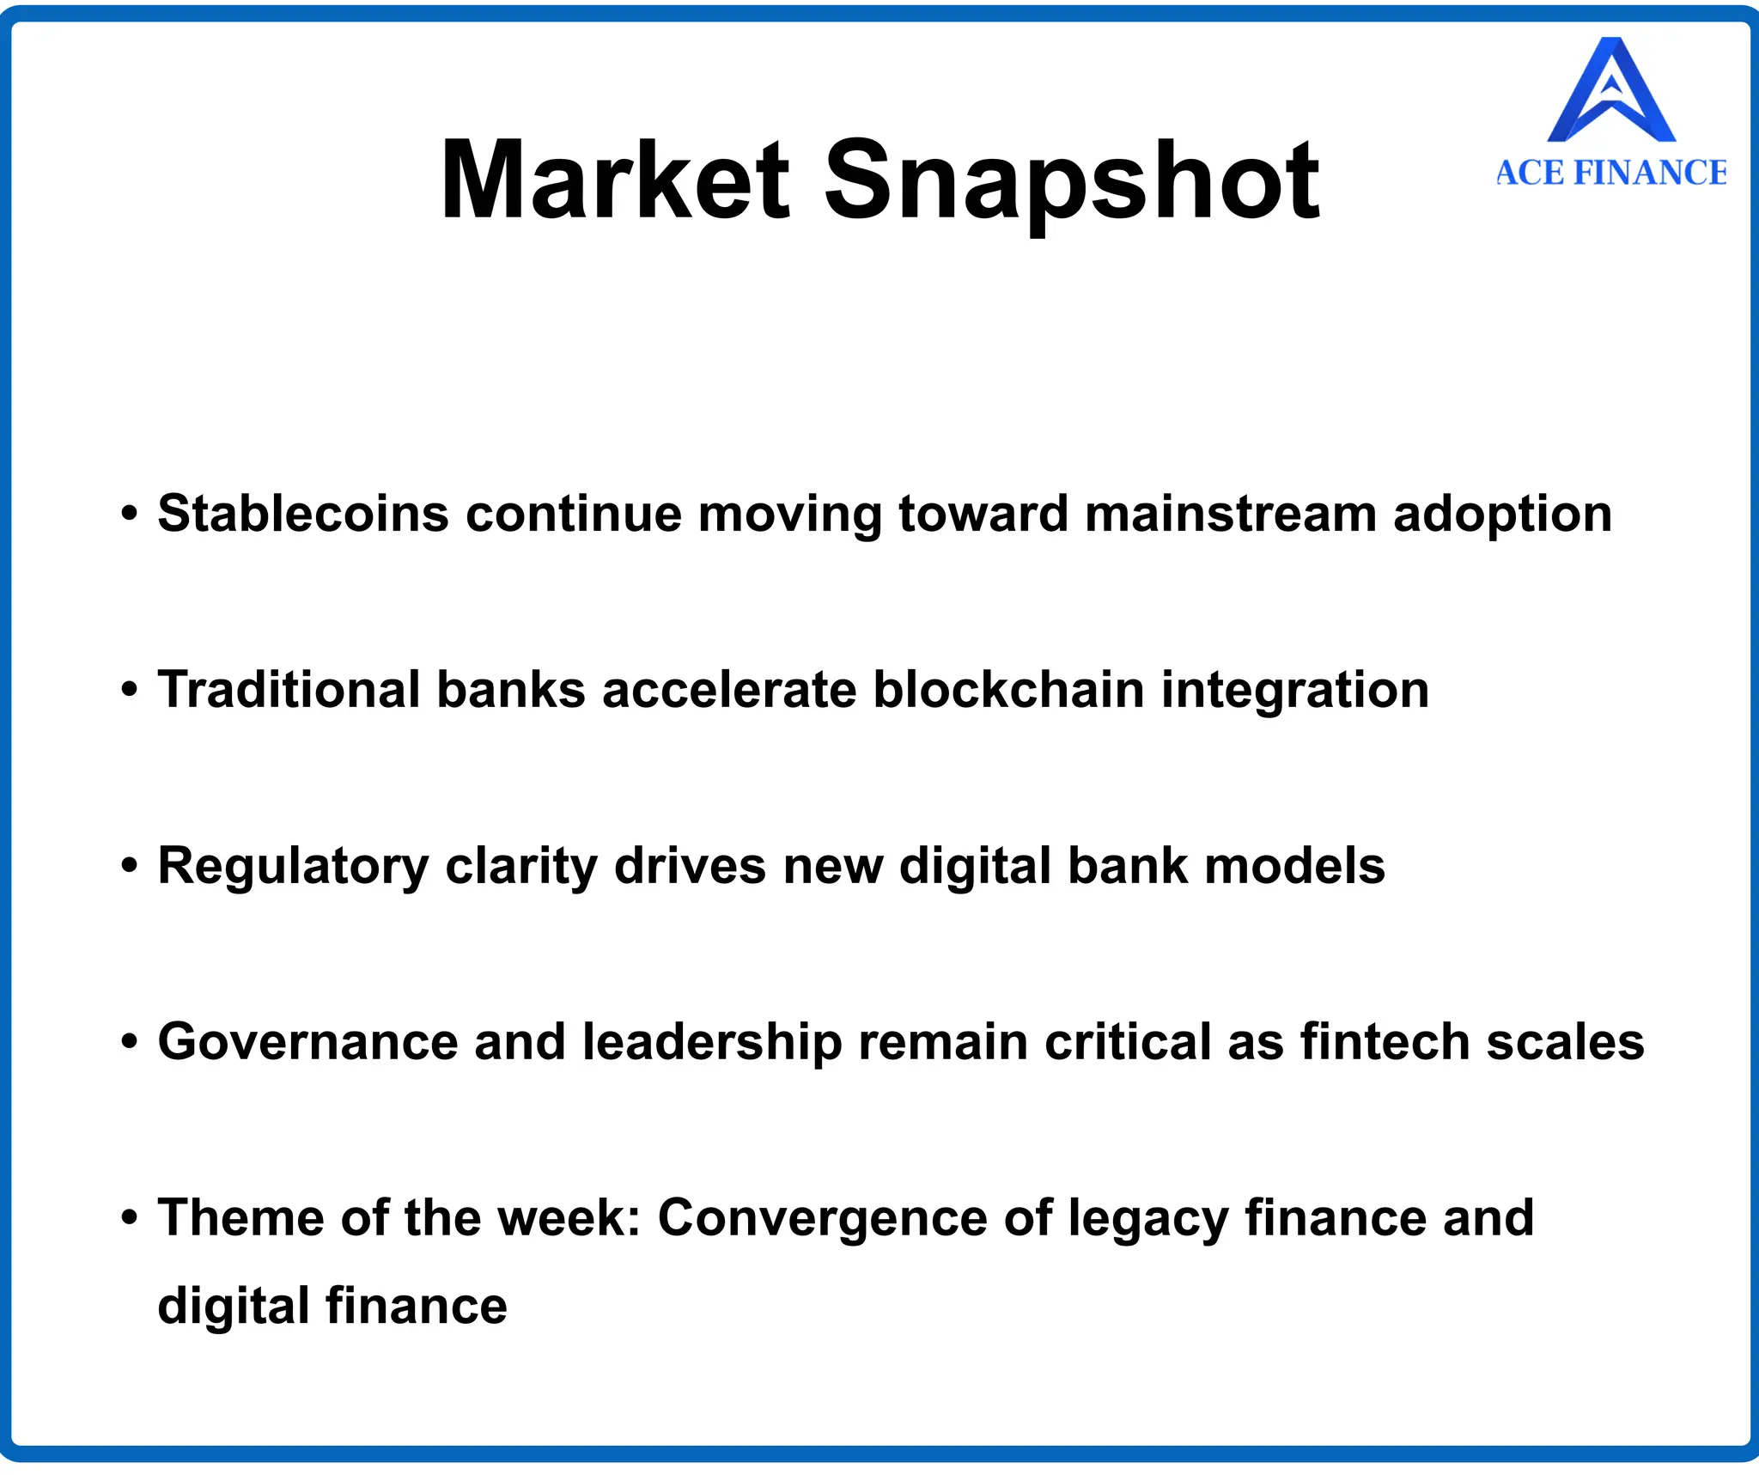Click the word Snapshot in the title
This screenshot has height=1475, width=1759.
click(x=1071, y=182)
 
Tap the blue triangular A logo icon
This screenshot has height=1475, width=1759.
click(x=1611, y=91)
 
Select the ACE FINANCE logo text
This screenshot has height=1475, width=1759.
click(x=1611, y=173)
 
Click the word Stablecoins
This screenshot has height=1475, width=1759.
click(x=303, y=514)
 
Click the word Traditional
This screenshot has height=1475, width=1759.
click(x=289, y=690)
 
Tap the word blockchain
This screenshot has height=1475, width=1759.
click(x=1008, y=690)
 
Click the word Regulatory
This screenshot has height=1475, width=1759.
click(x=293, y=866)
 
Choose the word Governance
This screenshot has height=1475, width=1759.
click(x=307, y=1041)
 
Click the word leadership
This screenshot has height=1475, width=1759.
click(x=712, y=1043)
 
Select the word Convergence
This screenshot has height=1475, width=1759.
click(x=822, y=1218)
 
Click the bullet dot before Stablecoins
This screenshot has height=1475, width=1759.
click(x=130, y=514)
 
